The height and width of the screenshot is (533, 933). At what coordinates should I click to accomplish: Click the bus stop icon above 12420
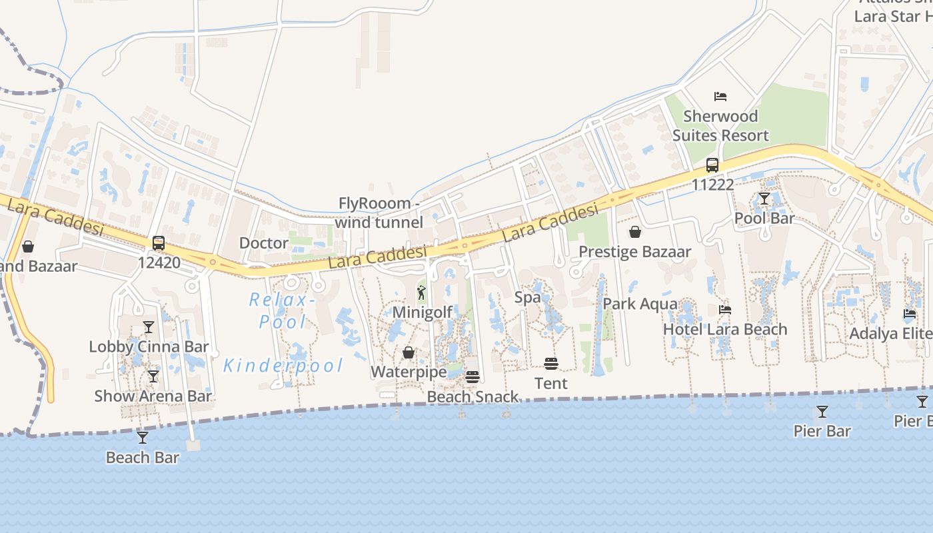(x=159, y=243)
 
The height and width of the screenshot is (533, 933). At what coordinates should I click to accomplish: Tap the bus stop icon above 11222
(x=712, y=165)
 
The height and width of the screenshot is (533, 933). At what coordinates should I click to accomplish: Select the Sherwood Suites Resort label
(x=720, y=126)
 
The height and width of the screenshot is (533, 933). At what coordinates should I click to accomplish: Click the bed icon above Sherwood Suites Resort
(x=720, y=97)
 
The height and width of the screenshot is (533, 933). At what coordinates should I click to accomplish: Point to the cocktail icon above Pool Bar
(x=764, y=199)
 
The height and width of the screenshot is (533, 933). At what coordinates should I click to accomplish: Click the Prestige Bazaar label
(x=634, y=252)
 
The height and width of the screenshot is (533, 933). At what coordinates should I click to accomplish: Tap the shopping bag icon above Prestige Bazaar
(x=635, y=232)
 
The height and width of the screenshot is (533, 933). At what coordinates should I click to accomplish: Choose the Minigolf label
(x=423, y=312)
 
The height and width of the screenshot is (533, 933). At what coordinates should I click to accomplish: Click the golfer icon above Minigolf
(x=422, y=292)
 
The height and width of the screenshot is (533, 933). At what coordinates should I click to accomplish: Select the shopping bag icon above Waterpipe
(x=409, y=352)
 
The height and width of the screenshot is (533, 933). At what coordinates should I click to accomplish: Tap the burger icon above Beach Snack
(x=472, y=377)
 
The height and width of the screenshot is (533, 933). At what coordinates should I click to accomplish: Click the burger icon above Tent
(x=551, y=364)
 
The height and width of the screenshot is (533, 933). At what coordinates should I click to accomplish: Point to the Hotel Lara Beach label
(x=725, y=329)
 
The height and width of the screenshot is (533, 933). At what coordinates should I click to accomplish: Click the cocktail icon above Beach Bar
(x=143, y=438)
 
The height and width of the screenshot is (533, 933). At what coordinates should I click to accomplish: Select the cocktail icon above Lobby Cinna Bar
(x=149, y=327)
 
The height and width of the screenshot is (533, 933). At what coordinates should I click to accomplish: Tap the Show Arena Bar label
(x=153, y=396)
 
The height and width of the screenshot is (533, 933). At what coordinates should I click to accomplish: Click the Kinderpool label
(x=283, y=366)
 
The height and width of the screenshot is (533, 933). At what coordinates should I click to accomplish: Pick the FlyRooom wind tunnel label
(x=379, y=213)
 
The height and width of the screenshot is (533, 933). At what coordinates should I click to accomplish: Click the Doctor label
(x=264, y=243)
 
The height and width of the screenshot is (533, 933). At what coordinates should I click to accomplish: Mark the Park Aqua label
(x=640, y=304)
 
